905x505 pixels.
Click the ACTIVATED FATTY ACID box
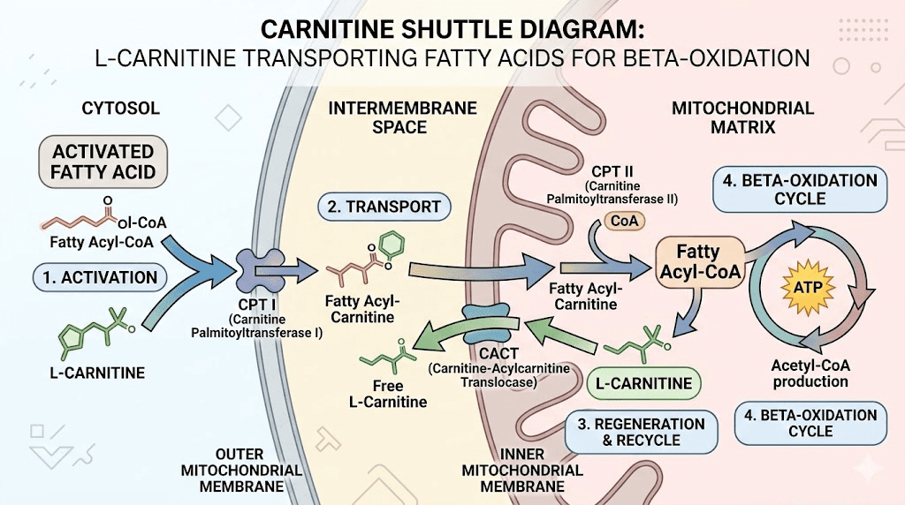(103, 161)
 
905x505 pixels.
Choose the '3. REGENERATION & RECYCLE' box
(642, 432)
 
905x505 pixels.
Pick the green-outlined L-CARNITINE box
(643, 385)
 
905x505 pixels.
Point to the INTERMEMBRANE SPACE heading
(403, 117)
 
